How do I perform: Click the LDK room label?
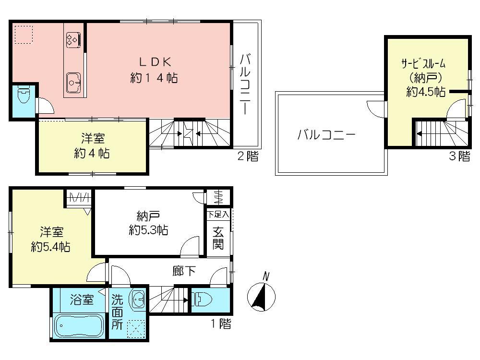click(154, 70)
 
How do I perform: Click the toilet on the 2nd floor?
click(23, 97)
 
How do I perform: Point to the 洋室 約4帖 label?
click(92, 146)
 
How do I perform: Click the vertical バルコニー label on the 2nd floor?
click(245, 84)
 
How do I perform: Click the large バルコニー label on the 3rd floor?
click(326, 135)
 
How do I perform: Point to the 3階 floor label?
click(459, 156)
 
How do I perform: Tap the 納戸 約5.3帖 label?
click(148, 223)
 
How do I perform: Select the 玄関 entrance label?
click(218, 238)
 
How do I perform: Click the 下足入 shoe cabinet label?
click(218, 214)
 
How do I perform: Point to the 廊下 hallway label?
click(184, 272)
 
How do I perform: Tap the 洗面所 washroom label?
click(118, 312)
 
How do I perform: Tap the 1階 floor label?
click(221, 324)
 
